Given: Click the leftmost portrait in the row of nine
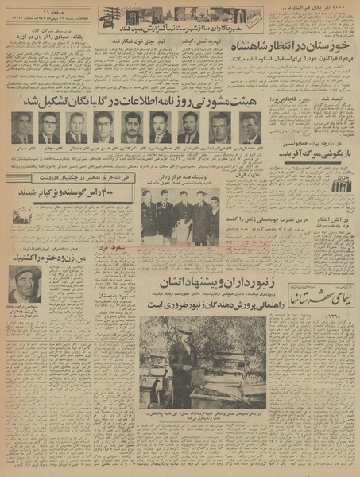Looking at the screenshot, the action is [x=23, y=127].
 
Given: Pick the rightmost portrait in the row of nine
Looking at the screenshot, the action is [x=250, y=127].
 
